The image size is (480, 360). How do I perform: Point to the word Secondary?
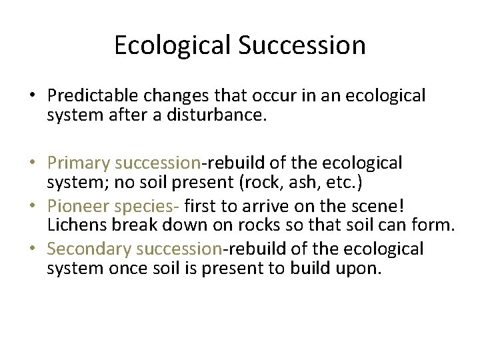coord(89,249)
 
